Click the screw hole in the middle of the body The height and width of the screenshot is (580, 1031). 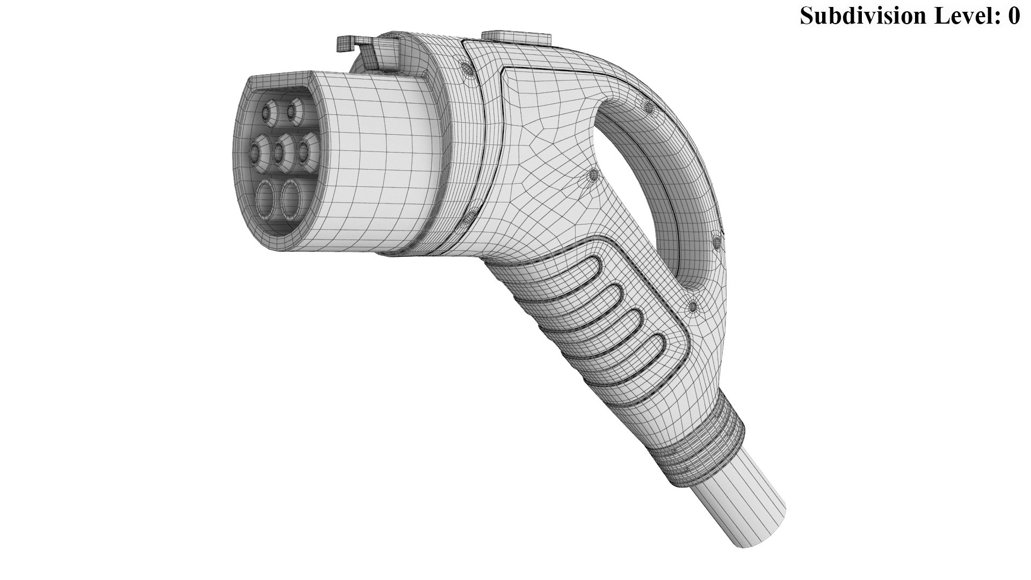(x=593, y=175)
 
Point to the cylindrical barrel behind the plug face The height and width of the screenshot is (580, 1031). (x=376, y=161)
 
